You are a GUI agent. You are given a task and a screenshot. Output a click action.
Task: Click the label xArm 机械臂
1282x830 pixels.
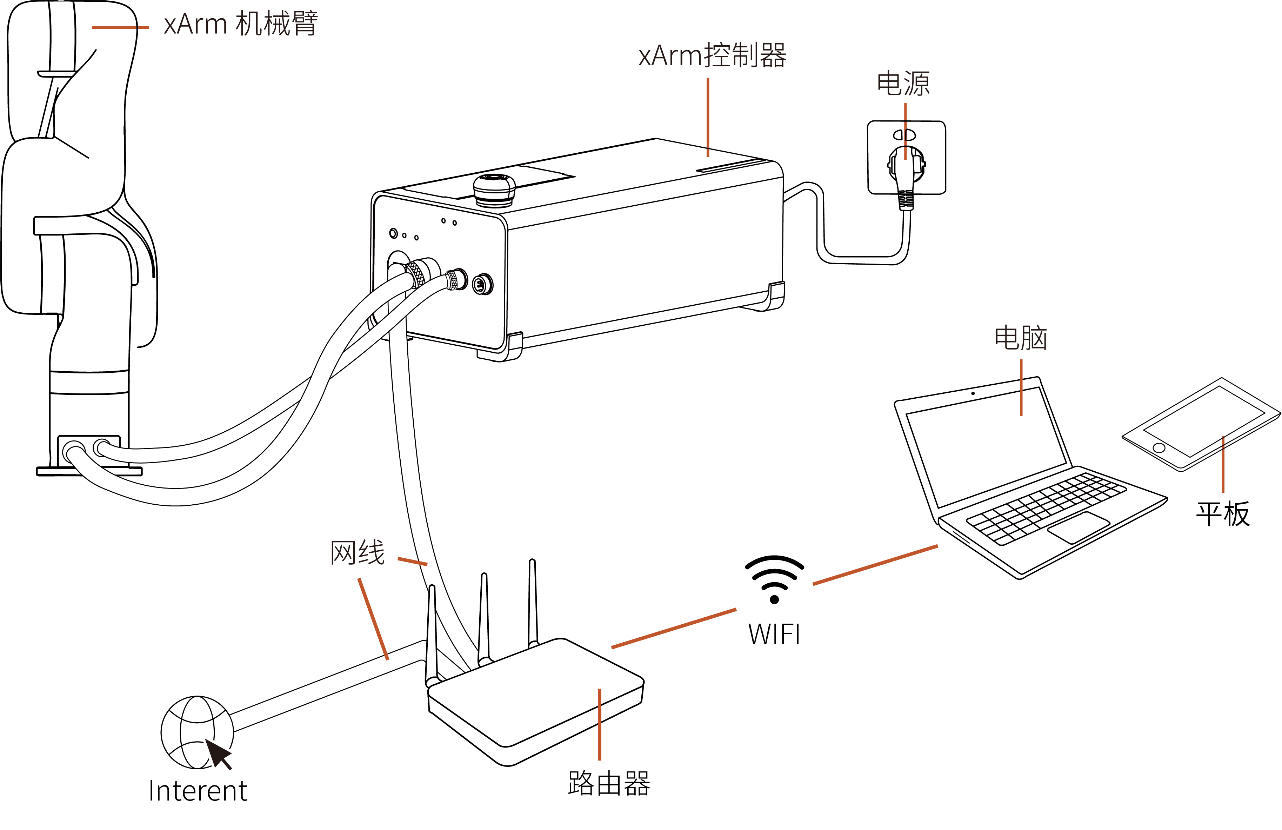point(240,24)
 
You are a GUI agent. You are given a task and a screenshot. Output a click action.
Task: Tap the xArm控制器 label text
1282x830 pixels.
point(712,55)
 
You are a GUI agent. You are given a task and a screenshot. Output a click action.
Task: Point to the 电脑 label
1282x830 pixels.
point(1021,338)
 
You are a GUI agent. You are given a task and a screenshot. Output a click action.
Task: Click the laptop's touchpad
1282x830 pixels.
point(1079,527)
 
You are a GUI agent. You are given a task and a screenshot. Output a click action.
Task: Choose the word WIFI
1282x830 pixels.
point(774,635)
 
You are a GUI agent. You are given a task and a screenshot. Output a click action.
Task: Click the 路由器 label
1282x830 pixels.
point(609,783)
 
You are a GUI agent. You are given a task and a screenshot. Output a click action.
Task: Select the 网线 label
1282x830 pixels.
point(358,552)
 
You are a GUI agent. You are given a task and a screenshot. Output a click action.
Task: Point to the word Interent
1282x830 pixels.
point(198,791)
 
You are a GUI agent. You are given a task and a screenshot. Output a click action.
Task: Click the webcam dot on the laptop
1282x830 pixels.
point(973,393)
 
